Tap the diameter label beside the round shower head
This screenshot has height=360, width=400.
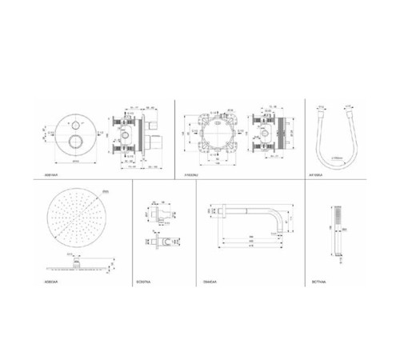click(106, 193)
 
